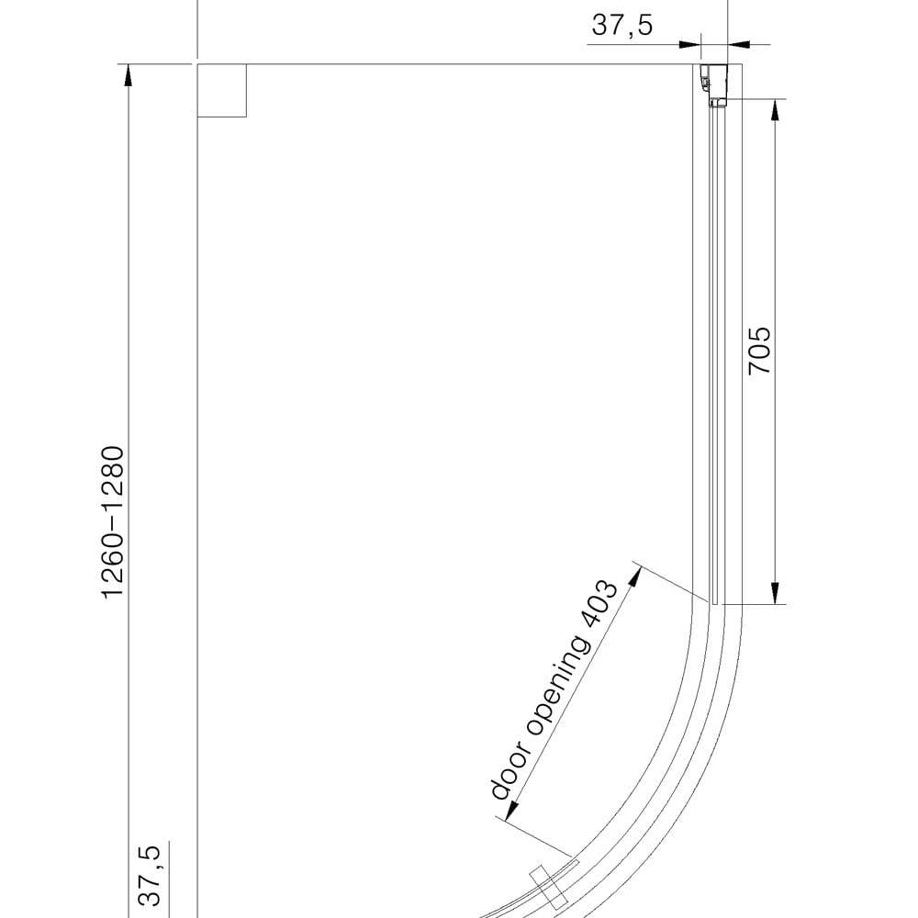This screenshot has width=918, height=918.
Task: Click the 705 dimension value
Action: coord(760,350)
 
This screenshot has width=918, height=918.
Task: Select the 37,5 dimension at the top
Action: coord(621,25)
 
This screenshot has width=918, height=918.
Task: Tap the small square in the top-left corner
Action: coord(222,91)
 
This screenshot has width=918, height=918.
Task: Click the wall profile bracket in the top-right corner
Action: coord(714,84)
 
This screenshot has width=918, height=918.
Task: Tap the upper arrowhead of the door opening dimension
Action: coord(633,577)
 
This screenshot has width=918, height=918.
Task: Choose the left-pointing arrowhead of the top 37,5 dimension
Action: coord(739,43)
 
